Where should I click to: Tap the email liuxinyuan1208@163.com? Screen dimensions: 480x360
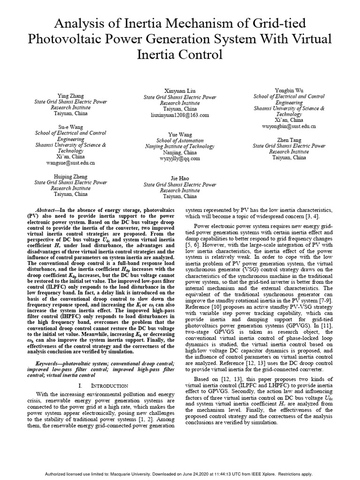[x=180, y=114]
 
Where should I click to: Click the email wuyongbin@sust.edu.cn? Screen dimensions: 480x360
[x=288, y=126]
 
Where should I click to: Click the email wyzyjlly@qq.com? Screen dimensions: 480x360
[x=180, y=159]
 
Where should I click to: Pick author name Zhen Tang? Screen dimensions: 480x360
[x=288, y=139]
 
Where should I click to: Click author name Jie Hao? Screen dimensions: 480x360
[x=180, y=178]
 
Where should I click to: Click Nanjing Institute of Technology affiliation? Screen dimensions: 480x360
[x=180, y=146]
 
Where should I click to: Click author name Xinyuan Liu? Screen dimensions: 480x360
[x=180, y=90]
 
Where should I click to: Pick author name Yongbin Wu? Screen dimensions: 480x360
[x=288, y=90]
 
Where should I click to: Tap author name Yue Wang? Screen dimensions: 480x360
[x=180, y=134]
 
